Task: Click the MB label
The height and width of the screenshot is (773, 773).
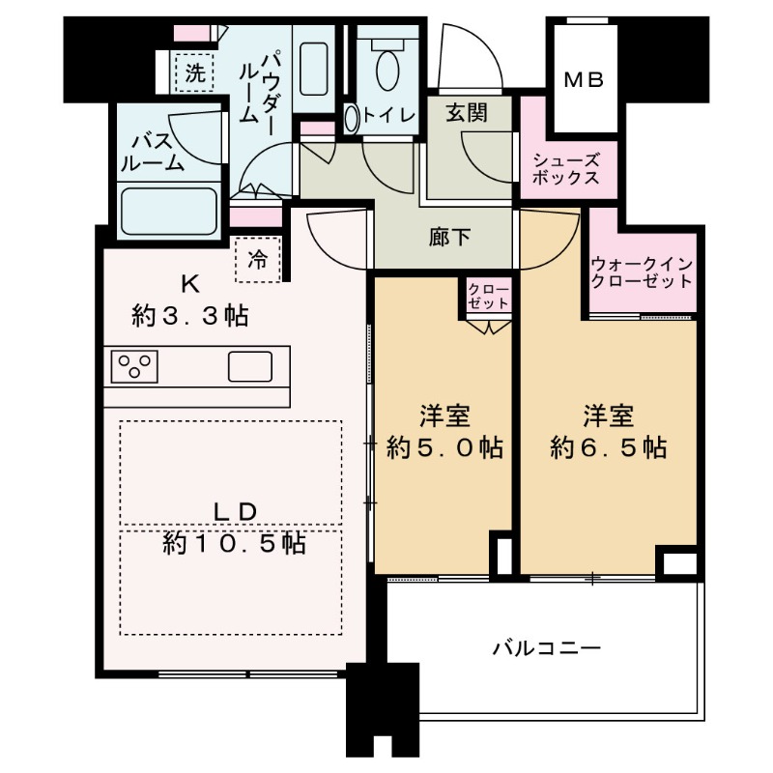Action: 584,81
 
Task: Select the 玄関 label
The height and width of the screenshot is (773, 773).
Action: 466,112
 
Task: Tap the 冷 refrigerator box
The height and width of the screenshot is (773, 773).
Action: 258,259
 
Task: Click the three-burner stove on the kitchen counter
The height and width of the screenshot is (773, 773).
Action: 135,367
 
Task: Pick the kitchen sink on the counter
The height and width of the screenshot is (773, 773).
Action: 250,367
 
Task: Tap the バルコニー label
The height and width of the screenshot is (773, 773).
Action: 546,647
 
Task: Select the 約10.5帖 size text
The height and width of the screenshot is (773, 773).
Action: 234,544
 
